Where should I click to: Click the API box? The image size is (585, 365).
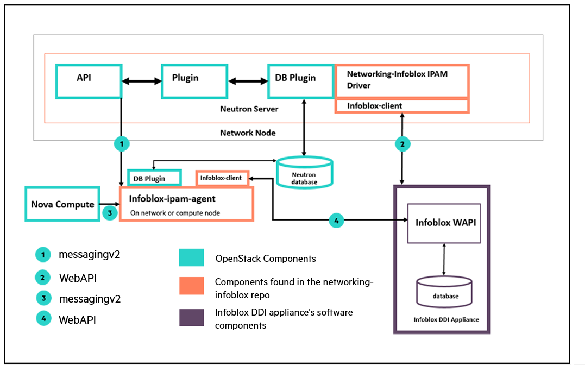pyautogui.click(x=88, y=81)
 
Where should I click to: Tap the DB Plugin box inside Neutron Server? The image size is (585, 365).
pyautogui.click(x=301, y=81)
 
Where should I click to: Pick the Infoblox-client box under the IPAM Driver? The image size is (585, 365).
pyautogui.click(x=401, y=105)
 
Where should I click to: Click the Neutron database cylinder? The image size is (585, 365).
pyautogui.click(x=304, y=174)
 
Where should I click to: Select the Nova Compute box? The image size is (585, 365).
pyautogui.click(x=62, y=204)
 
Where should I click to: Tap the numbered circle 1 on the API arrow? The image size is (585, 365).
pyautogui.click(x=122, y=144)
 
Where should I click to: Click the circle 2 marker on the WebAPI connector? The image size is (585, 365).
pyautogui.click(x=402, y=144)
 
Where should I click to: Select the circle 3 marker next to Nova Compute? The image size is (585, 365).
pyautogui.click(x=110, y=213)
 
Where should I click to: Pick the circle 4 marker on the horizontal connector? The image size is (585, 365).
pyautogui.click(x=336, y=220)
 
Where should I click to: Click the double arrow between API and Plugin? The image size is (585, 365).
pyautogui.click(x=141, y=81)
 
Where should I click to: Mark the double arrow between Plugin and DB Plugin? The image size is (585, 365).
pyautogui.click(x=248, y=81)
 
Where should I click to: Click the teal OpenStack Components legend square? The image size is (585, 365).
pyautogui.click(x=191, y=257)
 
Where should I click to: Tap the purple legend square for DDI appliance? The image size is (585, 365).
pyautogui.click(x=191, y=317)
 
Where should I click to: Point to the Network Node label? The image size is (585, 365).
pyautogui.click(x=247, y=133)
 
